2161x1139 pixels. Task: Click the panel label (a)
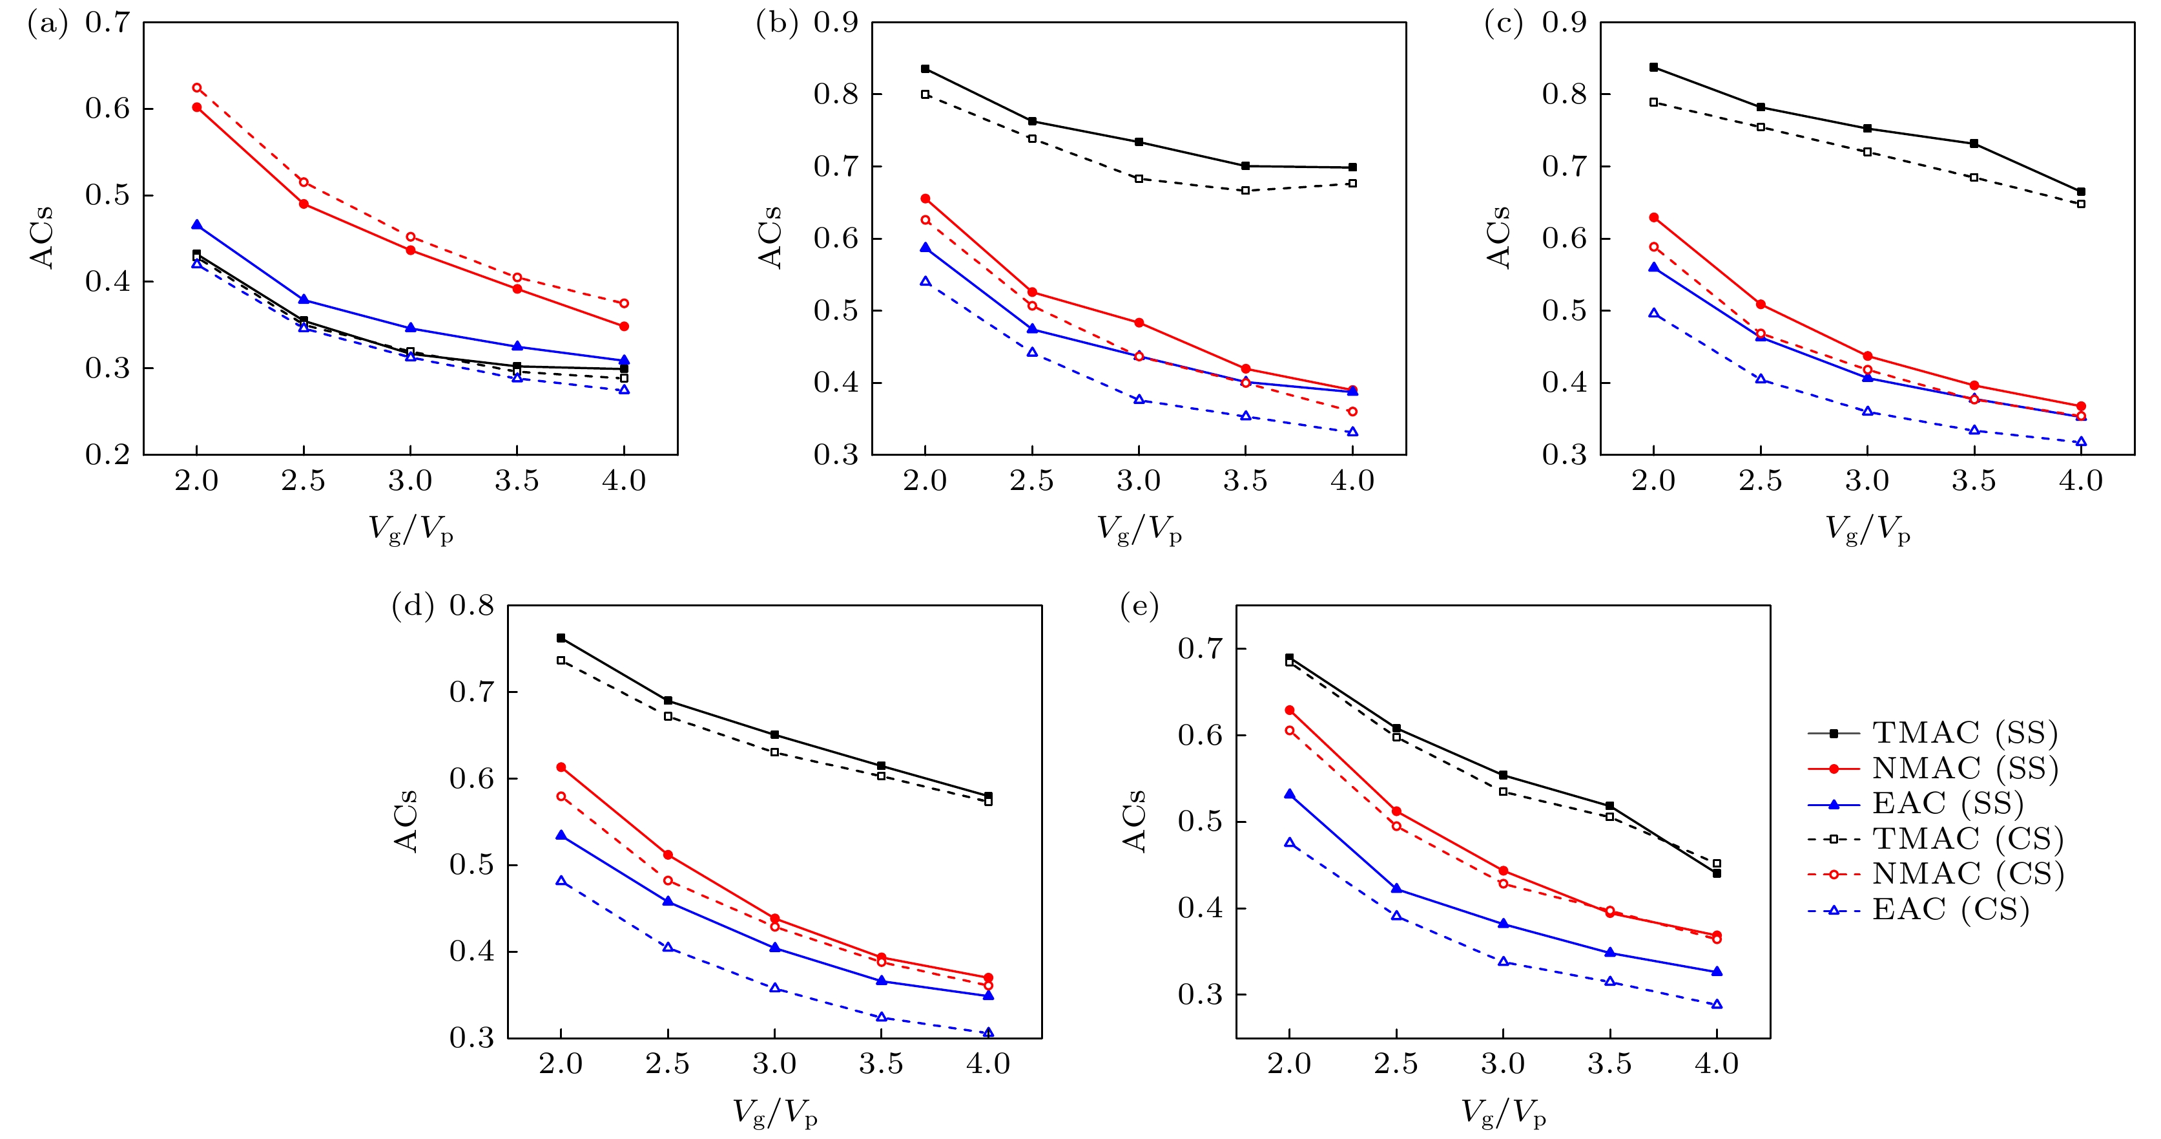click(47, 23)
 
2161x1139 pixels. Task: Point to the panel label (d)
click(412, 606)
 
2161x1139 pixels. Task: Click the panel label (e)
click(1139, 606)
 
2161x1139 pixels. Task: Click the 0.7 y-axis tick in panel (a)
click(107, 23)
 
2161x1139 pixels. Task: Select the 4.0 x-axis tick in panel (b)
click(1352, 481)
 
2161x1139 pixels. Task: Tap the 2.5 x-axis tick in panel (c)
click(1760, 481)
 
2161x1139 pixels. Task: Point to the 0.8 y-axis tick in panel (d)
click(471, 606)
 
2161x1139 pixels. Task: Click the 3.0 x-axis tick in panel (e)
click(1502, 1064)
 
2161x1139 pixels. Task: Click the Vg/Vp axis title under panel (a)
click(411, 529)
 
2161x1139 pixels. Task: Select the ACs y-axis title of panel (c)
click(1498, 237)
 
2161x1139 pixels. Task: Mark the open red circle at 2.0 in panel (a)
click(197, 87)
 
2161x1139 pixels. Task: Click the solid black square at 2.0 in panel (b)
click(925, 69)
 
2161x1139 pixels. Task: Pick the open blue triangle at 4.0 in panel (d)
click(988, 1032)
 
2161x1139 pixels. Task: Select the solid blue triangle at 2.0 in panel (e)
click(1289, 794)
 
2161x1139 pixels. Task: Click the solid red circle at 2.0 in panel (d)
click(561, 767)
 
